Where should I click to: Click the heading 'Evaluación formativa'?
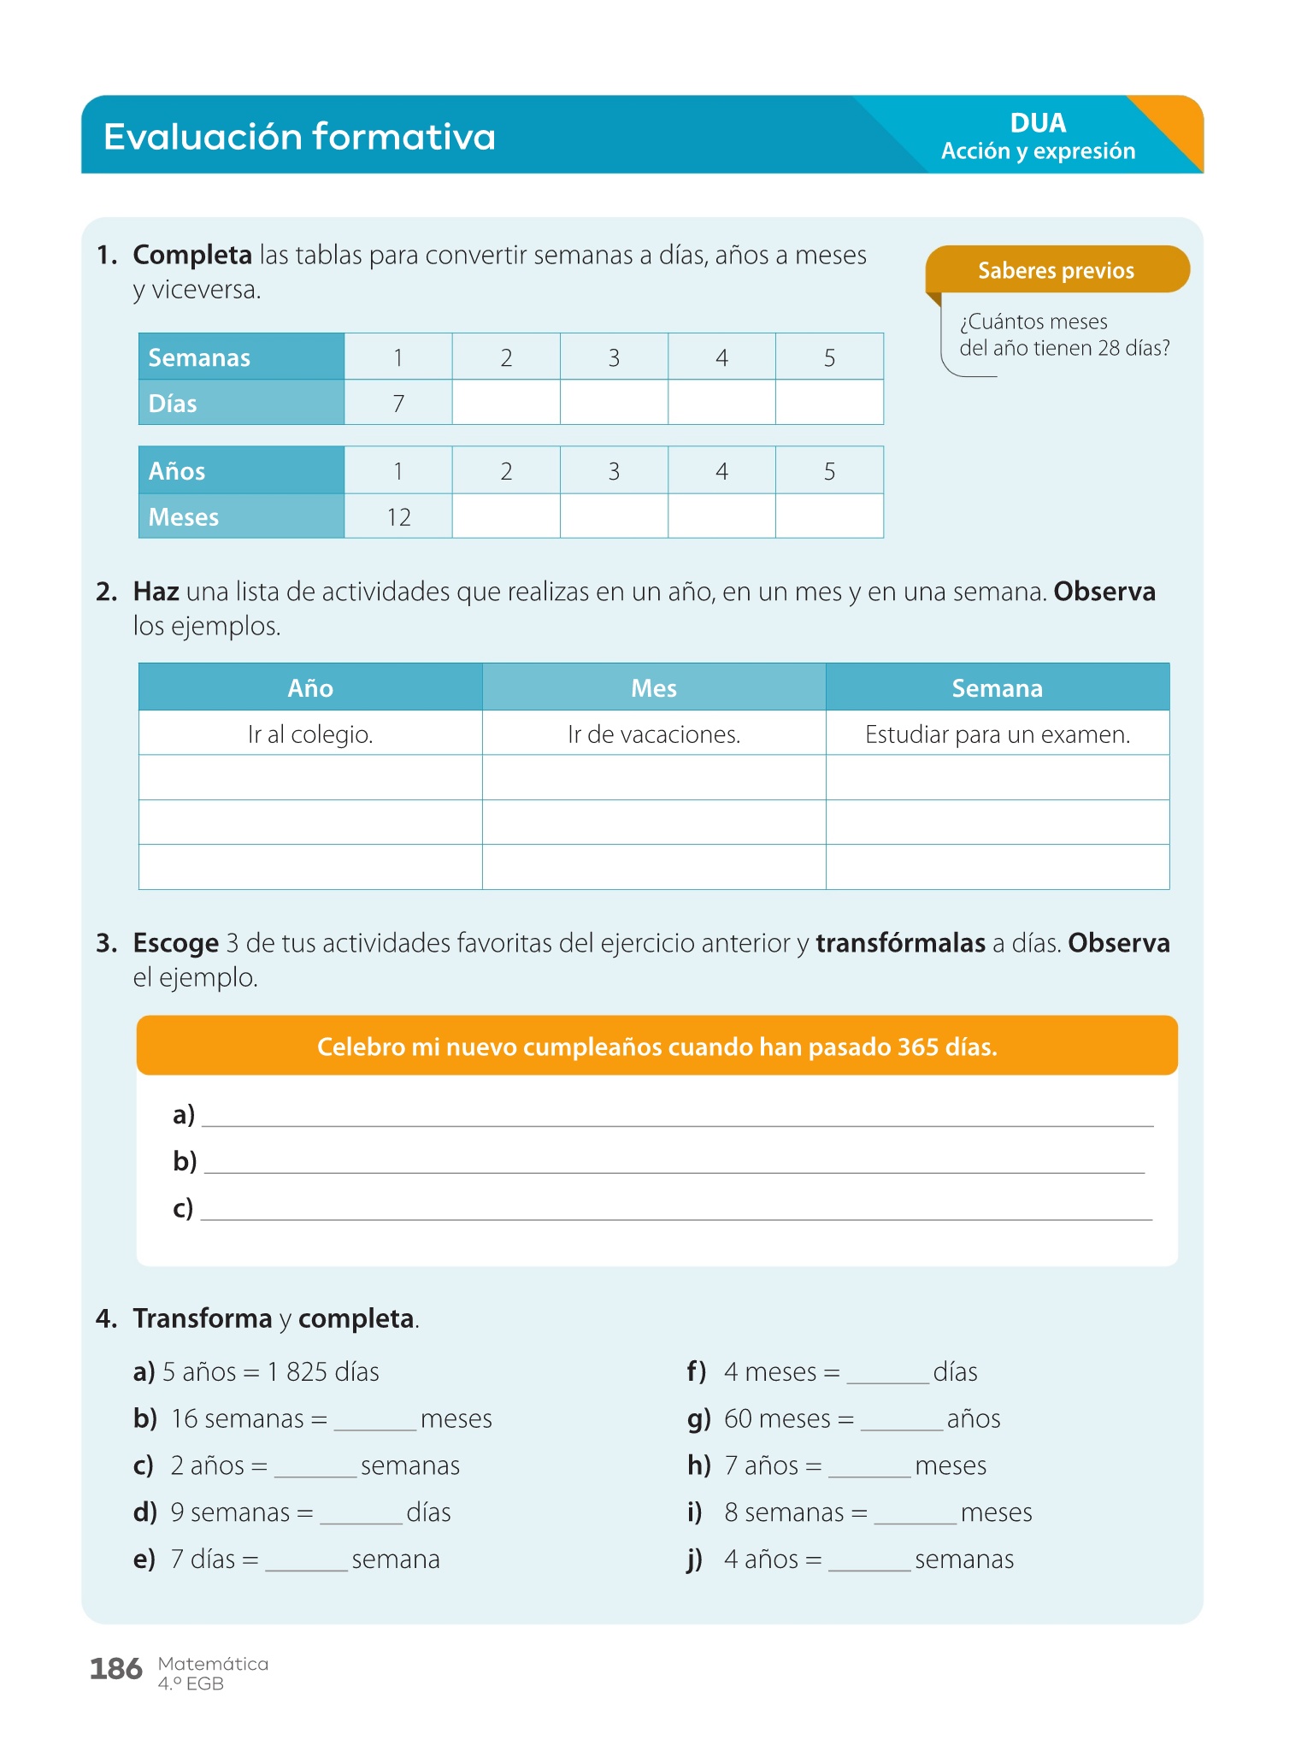click(x=299, y=137)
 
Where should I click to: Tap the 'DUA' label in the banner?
click(x=1038, y=123)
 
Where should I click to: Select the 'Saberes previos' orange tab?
click(x=1056, y=270)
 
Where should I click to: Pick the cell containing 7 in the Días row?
click(x=398, y=404)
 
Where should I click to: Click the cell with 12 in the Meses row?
click(x=398, y=517)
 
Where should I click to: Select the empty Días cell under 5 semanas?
click(x=829, y=404)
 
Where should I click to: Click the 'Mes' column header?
click(x=654, y=688)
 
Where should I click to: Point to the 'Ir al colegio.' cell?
click(x=310, y=734)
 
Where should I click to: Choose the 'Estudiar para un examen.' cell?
click(x=998, y=734)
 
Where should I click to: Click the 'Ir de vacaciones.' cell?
click(x=654, y=734)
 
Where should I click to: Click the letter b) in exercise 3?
click(x=185, y=1161)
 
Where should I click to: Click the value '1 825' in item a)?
click(x=297, y=1372)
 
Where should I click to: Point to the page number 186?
click(x=116, y=1669)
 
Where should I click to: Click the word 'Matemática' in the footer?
click(x=213, y=1664)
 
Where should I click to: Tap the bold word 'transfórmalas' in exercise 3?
click(x=900, y=943)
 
